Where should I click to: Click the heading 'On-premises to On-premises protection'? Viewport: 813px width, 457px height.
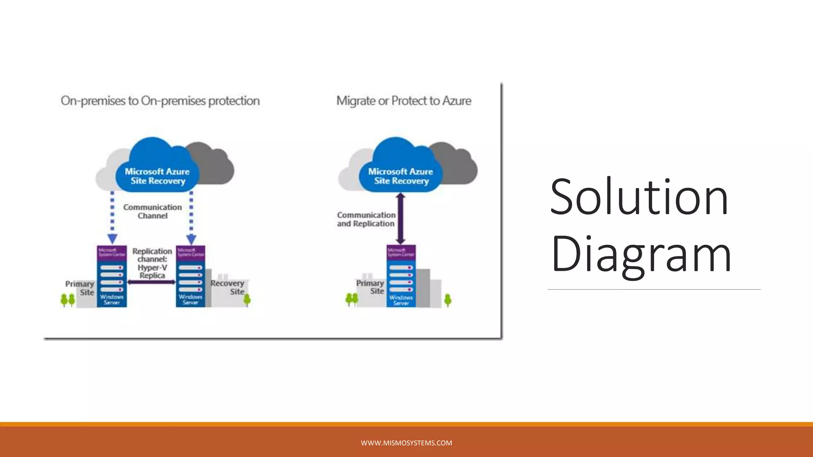click(160, 101)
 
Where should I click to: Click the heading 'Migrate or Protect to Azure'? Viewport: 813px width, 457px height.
click(404, 101)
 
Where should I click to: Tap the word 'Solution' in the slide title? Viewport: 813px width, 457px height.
click(639, 197)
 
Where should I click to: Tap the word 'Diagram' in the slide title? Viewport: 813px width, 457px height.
click(641, 254)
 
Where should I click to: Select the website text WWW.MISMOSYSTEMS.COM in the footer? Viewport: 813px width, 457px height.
click(406, 443)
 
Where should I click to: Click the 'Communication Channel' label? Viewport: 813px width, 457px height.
click(152, 211)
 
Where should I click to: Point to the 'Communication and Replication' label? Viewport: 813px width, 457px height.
click(366, 219)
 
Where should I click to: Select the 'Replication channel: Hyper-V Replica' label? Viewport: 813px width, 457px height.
click(152, 263)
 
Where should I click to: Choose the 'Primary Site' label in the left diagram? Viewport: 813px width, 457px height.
click(80, 288)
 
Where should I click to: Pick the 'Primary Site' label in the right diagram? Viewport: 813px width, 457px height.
click(370, 287)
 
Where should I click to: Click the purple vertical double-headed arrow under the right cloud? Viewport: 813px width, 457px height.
click(401, 219)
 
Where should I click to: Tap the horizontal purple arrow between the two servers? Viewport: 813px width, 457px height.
click(151, 282)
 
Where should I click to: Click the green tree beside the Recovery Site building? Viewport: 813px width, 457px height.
click(247, 300)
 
